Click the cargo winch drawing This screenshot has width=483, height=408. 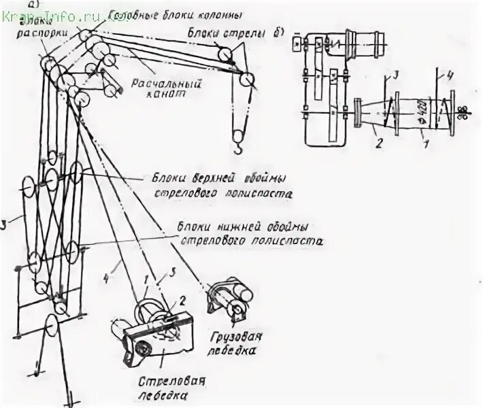[229, 299]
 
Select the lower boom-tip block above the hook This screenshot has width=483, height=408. [246, 80]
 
